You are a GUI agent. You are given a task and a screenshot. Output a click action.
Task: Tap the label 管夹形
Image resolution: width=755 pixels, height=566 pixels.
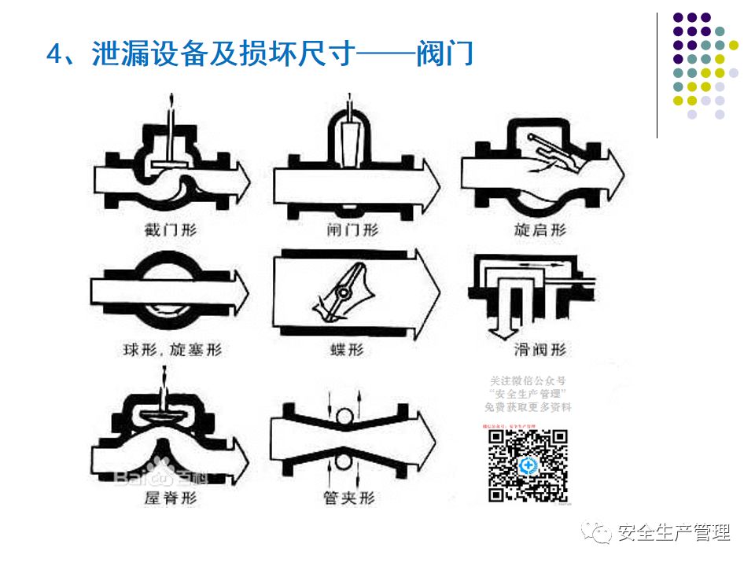point(349,497)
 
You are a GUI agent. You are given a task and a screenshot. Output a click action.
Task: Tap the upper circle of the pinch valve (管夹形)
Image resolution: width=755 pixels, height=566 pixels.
point(343,417)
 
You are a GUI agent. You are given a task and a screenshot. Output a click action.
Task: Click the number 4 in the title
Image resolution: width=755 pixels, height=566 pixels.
point(53,56)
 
